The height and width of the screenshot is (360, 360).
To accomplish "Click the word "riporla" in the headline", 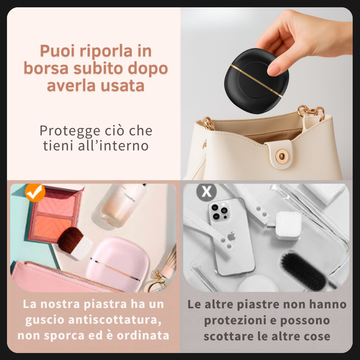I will click(x=106, y=52).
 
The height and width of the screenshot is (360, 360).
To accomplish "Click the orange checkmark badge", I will click(x=35, y=192).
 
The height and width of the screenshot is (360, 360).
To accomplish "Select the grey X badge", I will click(x=206, y=192).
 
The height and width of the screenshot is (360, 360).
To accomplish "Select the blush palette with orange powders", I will click(x=55, y=213).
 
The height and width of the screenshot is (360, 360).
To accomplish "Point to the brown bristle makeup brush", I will click(x=71, y=238).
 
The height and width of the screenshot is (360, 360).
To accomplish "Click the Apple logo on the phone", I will click(x=231, y=237).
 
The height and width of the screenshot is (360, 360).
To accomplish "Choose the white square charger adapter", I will click(x=288, y=225).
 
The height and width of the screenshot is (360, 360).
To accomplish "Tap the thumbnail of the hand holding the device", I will click(x=267, y=93).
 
